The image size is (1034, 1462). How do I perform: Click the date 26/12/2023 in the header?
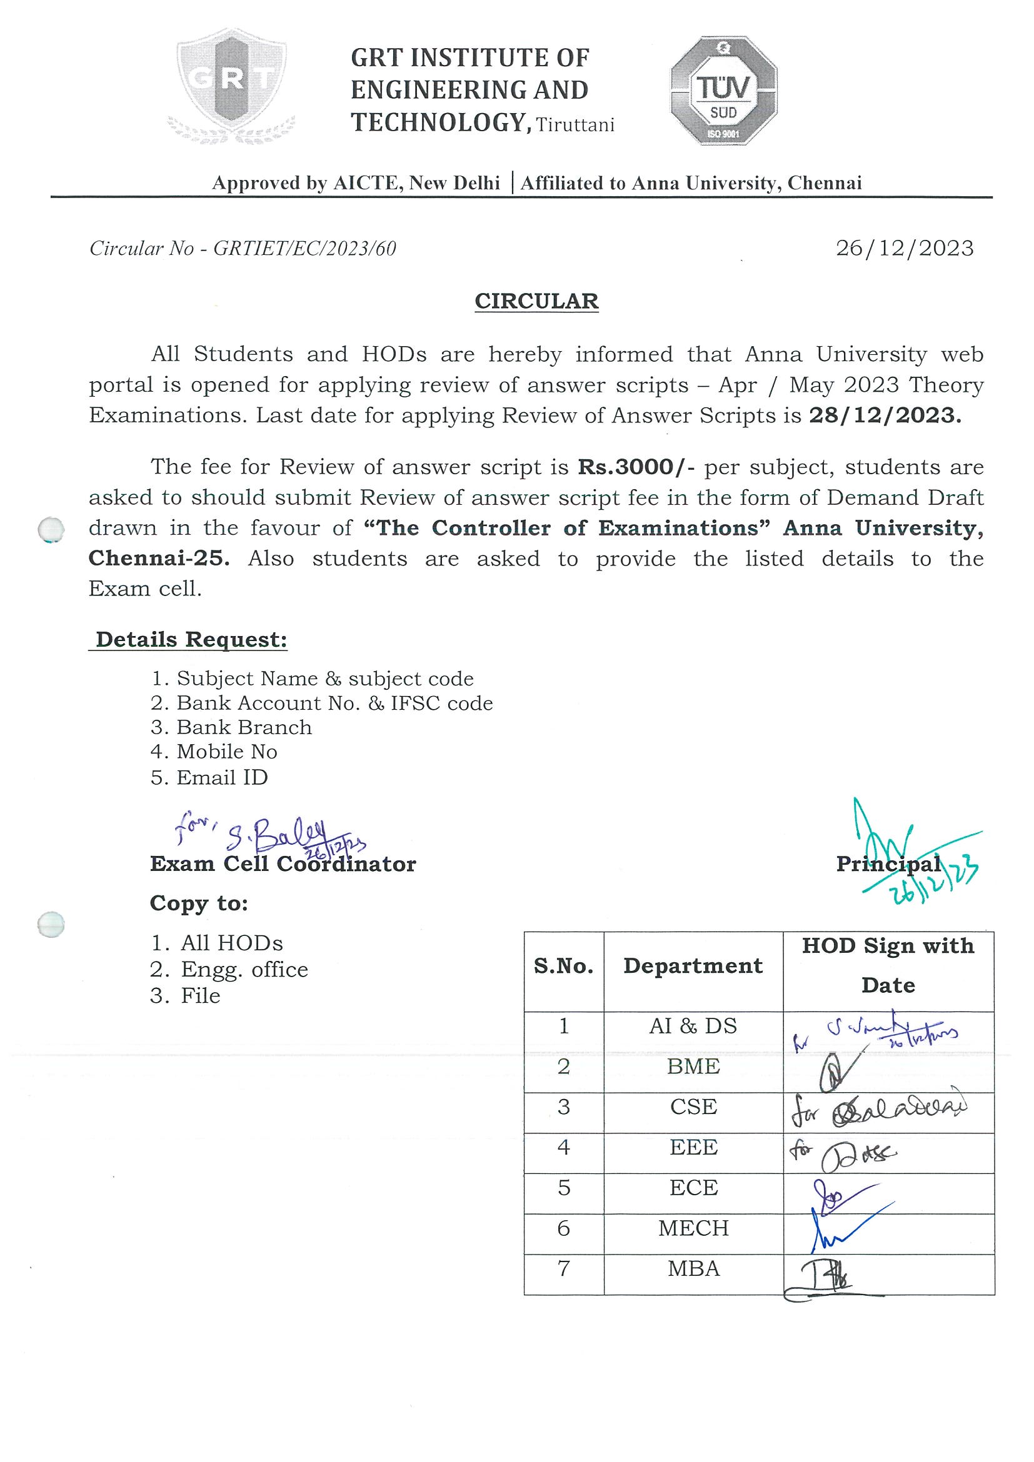(x=904, y=248)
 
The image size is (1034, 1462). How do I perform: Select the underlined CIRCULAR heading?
(x=536, y=301)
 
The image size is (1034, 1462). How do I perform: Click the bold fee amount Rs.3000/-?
(x=638, y=467)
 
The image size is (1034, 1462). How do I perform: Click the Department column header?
(x=693, y=965)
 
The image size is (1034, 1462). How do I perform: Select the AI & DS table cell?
(x=693, y=1026)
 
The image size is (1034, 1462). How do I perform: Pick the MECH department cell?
(x=693, y=1228)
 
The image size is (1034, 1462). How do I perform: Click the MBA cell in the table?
(x=693, y=1268)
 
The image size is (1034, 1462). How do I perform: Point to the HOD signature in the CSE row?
(x=879, y=1108)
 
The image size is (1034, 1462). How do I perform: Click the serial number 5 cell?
(x=563, y=1188)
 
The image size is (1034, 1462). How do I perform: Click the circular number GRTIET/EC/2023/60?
(x=304, y=248)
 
